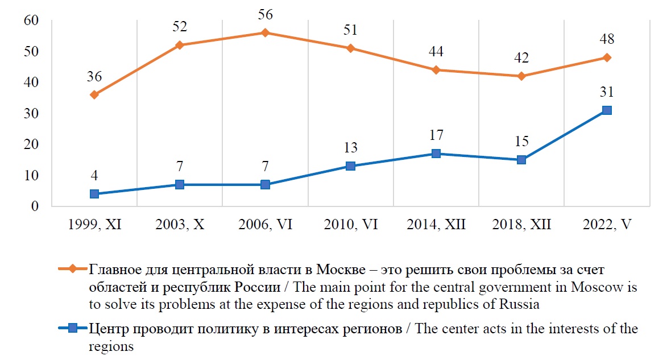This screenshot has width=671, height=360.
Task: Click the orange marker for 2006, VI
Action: point(265,32)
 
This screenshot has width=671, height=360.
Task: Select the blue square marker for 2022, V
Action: point(607,110)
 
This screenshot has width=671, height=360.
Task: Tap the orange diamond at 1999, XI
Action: point(94,94)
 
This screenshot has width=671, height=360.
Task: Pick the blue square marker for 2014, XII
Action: point(436,154)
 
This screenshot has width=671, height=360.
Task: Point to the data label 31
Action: point(607,92)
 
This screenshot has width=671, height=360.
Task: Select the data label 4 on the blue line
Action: point(94,176)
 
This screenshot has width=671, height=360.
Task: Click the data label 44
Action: point(436,52)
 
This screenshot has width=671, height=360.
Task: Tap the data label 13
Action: point(350,148)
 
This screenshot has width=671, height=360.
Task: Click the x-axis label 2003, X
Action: point(180,225)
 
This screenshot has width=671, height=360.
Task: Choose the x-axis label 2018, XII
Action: point(521,225)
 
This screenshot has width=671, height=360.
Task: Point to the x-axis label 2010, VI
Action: point(350,225)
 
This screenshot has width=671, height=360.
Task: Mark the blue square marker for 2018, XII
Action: point(521,160)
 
